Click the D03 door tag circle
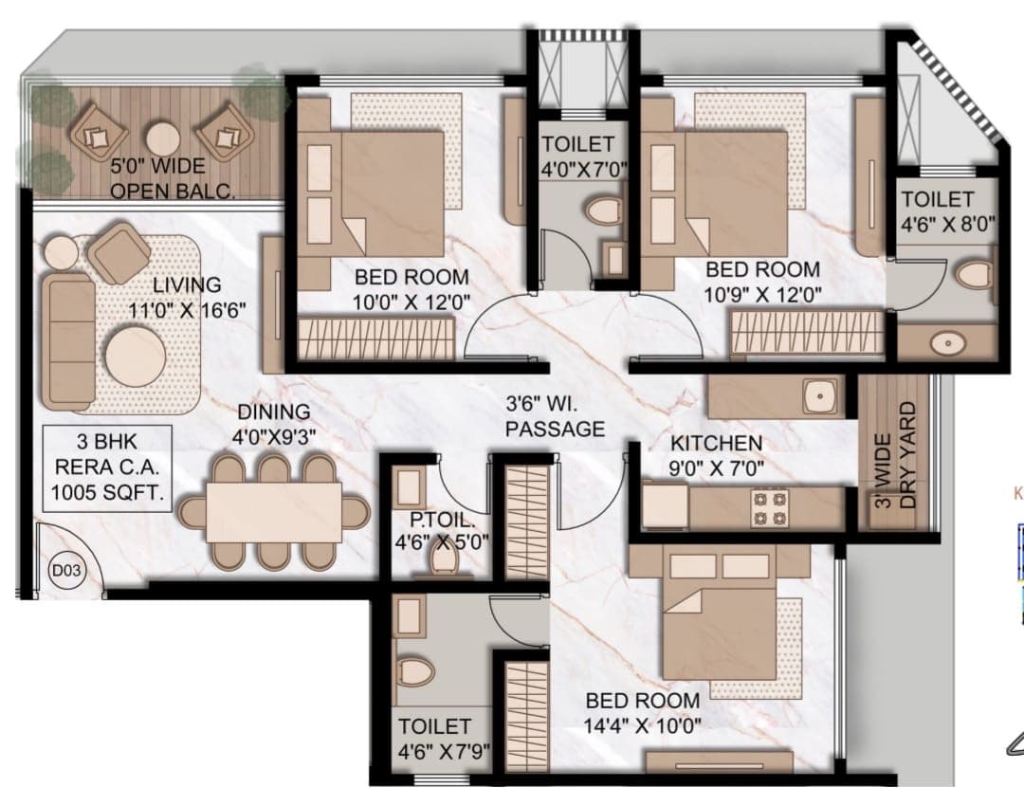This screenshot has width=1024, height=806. click(x=66, y=570)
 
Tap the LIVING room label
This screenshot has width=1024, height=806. click(x=187, y=284)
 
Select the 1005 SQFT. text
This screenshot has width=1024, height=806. click(x=108, y=492)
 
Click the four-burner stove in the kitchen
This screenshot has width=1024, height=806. click(x=771, y=509)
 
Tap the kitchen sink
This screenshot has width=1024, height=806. click(x=819, y=395)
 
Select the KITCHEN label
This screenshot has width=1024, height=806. click(x=717, y=444)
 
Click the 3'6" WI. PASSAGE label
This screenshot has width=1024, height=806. click(x=555, y=416)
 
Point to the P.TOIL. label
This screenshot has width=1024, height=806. click(x=442, y=520)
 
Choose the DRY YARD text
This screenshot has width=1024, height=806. click(x=908, y=454)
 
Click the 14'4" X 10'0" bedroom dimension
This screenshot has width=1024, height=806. click(x=643, y=725)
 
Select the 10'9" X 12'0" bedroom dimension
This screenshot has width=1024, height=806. click(x=762, y=295)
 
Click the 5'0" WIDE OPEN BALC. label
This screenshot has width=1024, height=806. click(x=173, y=178)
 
